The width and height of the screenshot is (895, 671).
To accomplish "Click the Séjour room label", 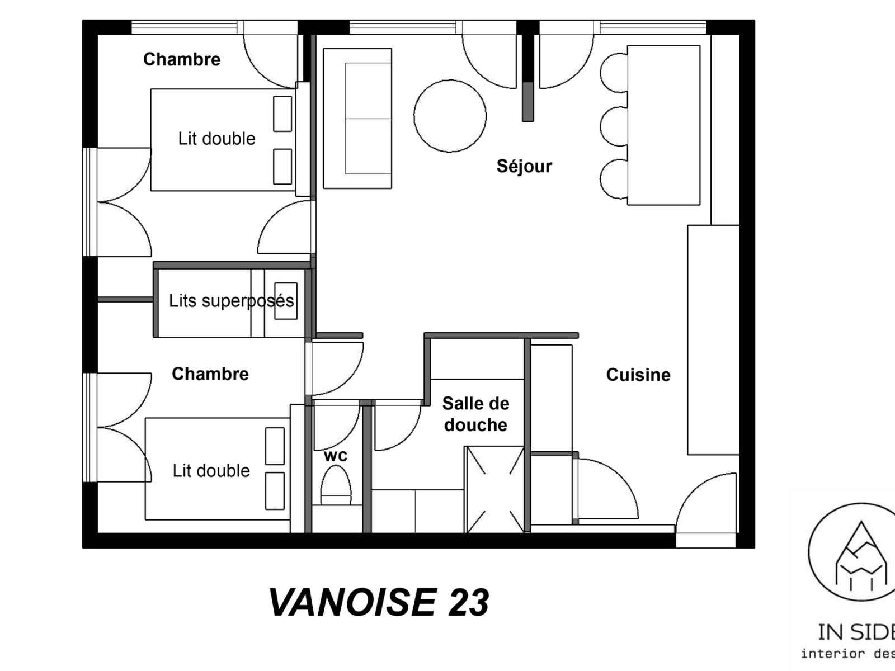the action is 524,166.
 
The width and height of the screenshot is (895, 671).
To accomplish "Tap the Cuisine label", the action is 638,375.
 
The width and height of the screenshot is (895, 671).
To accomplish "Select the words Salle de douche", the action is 476,414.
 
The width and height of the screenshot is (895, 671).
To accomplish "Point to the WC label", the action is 336,456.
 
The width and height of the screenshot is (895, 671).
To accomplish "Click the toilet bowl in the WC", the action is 336,485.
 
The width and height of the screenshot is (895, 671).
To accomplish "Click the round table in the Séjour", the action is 450,116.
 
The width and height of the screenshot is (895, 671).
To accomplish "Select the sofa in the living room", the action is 357,119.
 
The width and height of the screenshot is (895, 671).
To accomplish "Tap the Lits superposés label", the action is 231,301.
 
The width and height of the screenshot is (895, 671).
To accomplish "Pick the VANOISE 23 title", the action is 379,603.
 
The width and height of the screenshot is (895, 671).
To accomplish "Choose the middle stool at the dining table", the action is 614,126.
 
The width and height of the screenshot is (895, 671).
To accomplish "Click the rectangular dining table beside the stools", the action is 663,125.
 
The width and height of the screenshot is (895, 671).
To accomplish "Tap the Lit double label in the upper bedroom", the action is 216,139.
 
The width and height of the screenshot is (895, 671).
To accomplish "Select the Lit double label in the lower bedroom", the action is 211,471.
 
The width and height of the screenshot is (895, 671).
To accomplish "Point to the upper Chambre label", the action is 182,59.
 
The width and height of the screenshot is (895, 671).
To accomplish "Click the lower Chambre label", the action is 210,374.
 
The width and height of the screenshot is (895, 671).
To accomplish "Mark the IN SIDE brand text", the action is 856,632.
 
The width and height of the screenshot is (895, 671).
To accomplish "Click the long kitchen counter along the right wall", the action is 714,340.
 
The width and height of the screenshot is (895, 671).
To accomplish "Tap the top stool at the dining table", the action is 614,73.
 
